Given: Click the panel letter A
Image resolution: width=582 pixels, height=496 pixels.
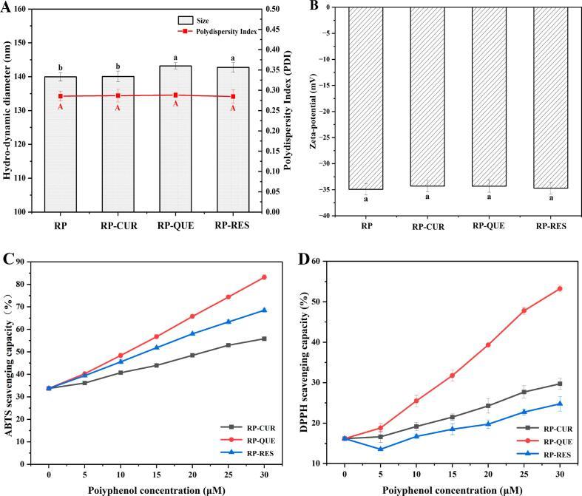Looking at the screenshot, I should click(7, 7).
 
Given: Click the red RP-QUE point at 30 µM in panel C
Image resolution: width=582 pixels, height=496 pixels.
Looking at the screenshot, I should click(265, 277).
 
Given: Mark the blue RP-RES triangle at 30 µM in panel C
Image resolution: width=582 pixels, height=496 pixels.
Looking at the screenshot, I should click(265, 310).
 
